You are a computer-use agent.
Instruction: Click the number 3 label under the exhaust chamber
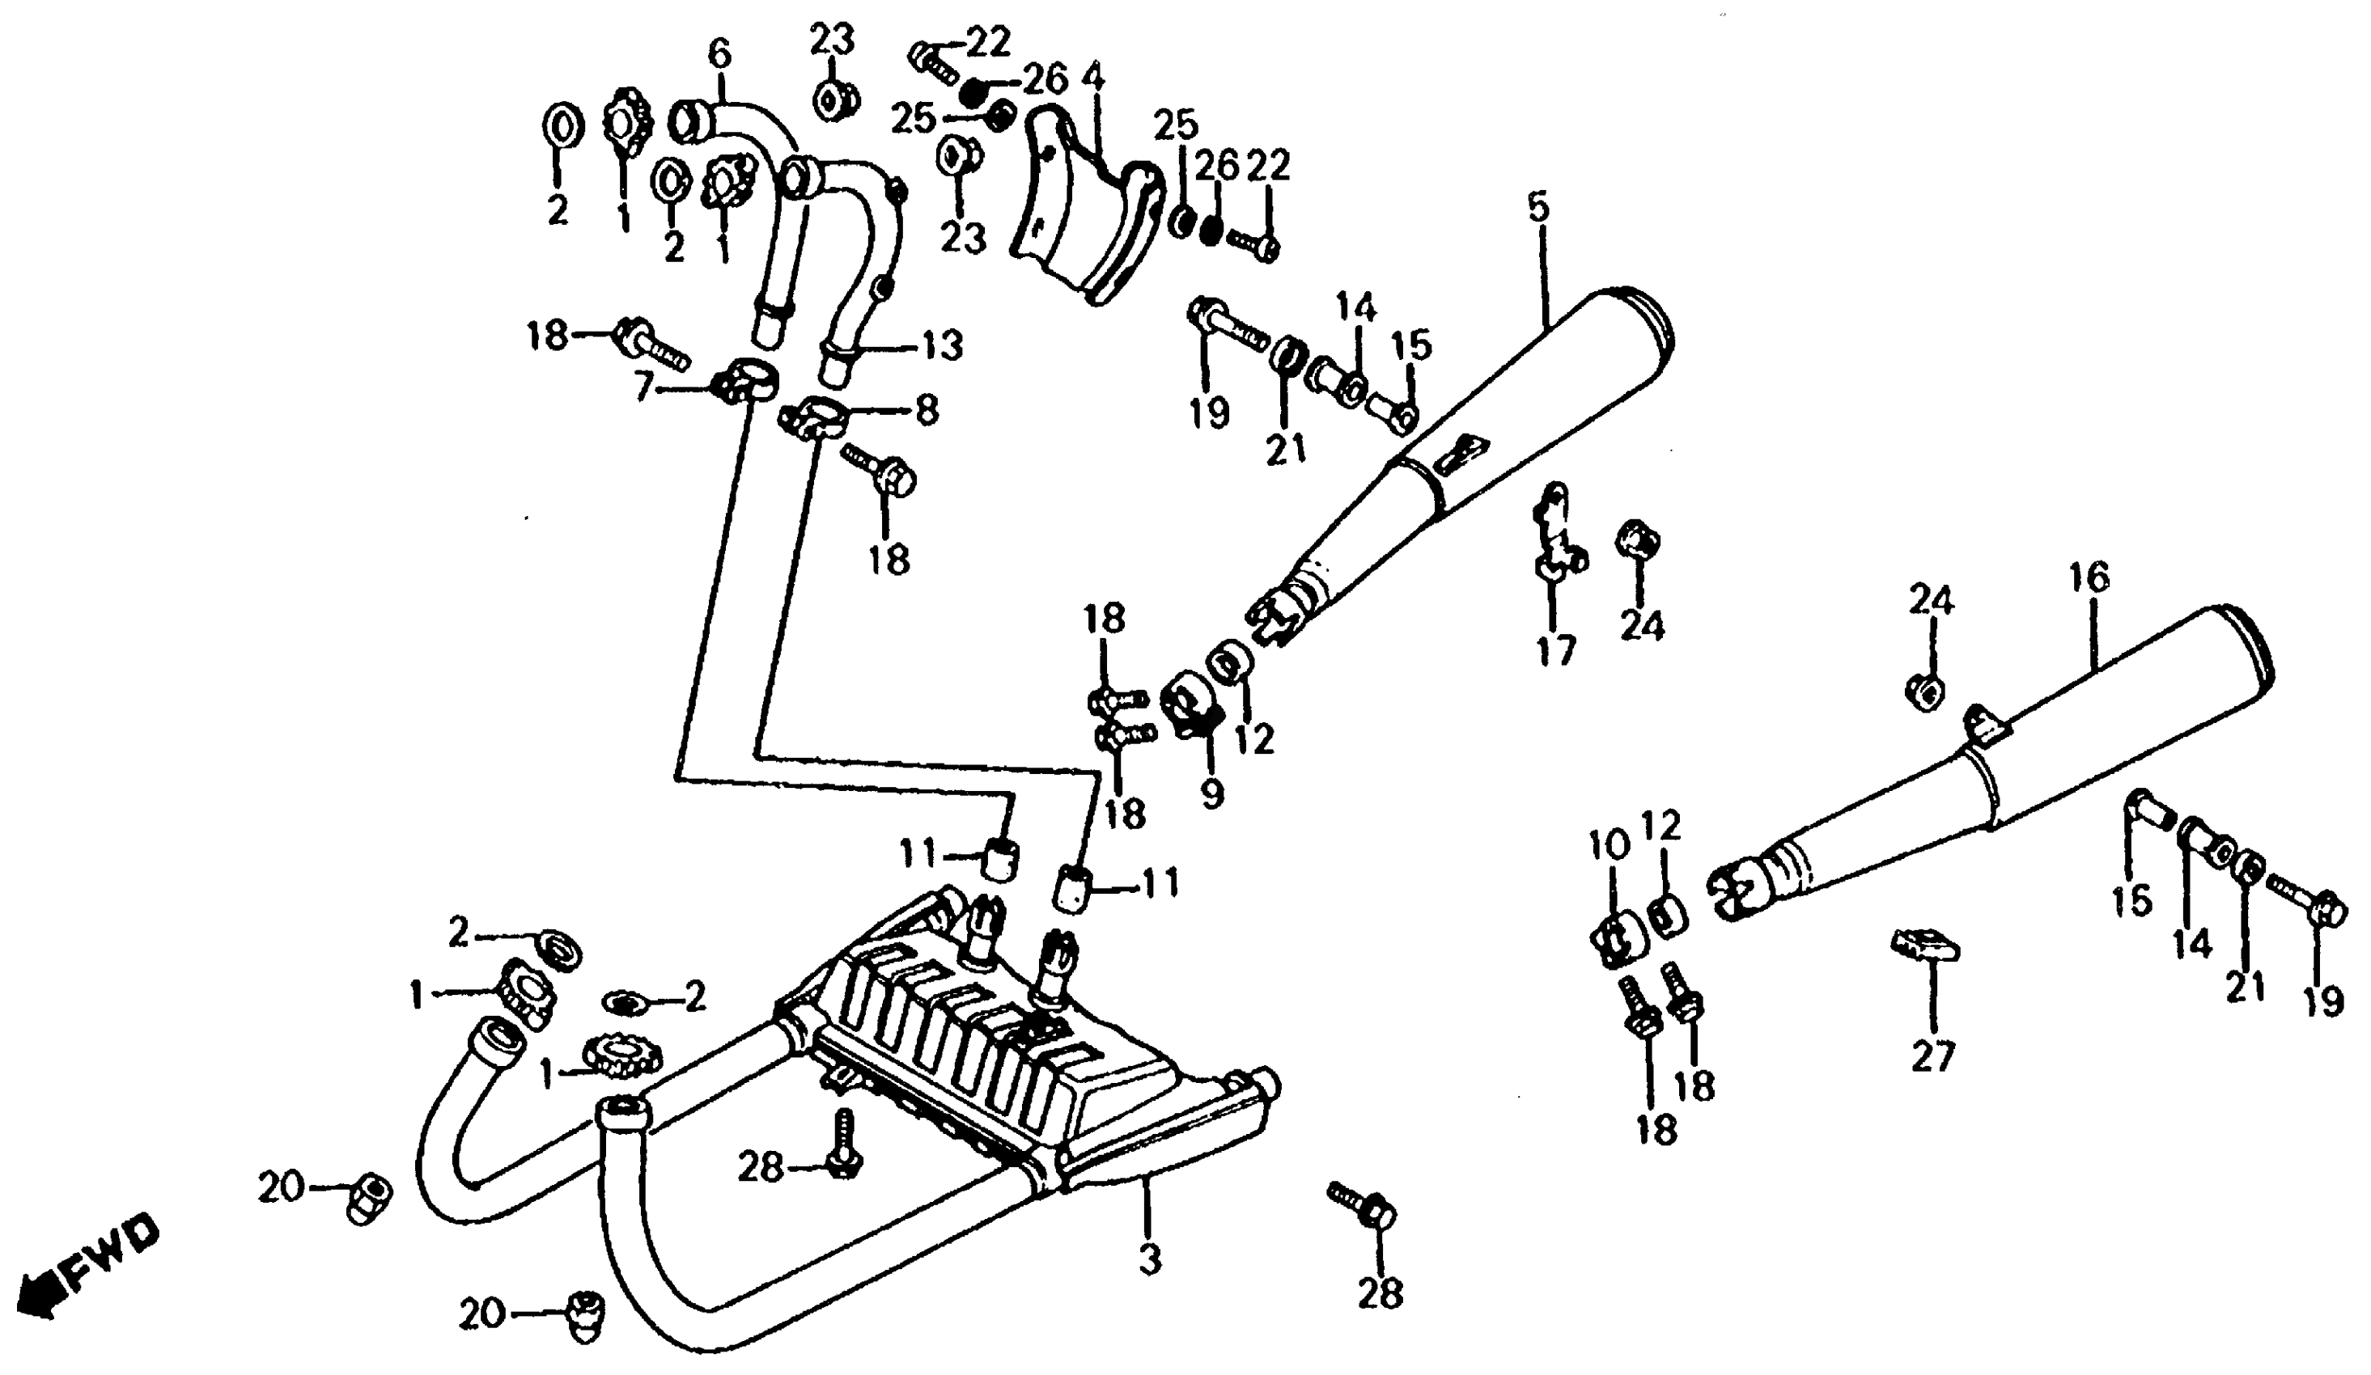tap(1151, 1259)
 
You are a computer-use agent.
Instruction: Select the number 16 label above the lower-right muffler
tap(2089, 577)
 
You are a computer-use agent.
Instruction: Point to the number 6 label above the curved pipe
tap(719, 53)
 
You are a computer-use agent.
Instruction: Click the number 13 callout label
tap(943, 345)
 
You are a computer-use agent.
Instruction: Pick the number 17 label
tap(1555, 649)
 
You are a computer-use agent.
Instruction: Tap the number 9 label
tap(1212, 793)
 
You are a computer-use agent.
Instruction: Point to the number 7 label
tap(642, 387)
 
